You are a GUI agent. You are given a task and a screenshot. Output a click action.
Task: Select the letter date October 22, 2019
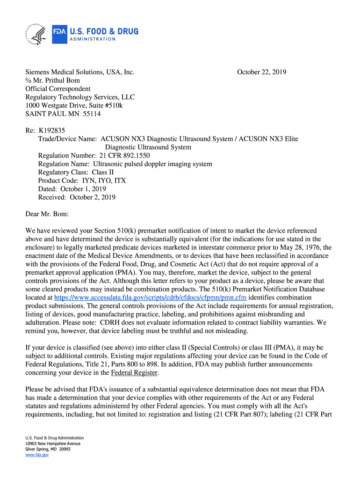261,72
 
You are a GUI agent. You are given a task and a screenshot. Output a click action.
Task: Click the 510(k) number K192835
55,131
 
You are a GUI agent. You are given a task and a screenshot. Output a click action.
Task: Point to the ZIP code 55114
91,114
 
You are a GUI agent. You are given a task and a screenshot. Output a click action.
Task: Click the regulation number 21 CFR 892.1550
124,156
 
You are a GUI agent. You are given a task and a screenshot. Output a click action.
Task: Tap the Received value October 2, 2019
93,197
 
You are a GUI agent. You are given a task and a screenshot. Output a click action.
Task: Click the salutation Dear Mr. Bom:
47,214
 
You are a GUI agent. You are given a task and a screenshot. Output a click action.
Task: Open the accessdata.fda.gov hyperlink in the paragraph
150,298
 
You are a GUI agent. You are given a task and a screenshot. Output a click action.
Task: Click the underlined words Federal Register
135,372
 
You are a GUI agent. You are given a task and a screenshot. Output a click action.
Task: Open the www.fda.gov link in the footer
37,454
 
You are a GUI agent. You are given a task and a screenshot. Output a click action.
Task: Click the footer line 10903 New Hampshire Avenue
53,443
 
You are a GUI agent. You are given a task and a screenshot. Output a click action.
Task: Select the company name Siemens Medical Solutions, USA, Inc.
80,72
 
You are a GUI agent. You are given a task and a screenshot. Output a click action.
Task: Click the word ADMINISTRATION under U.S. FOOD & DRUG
93,39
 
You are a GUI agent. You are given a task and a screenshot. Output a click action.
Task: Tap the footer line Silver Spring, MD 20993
48,449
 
